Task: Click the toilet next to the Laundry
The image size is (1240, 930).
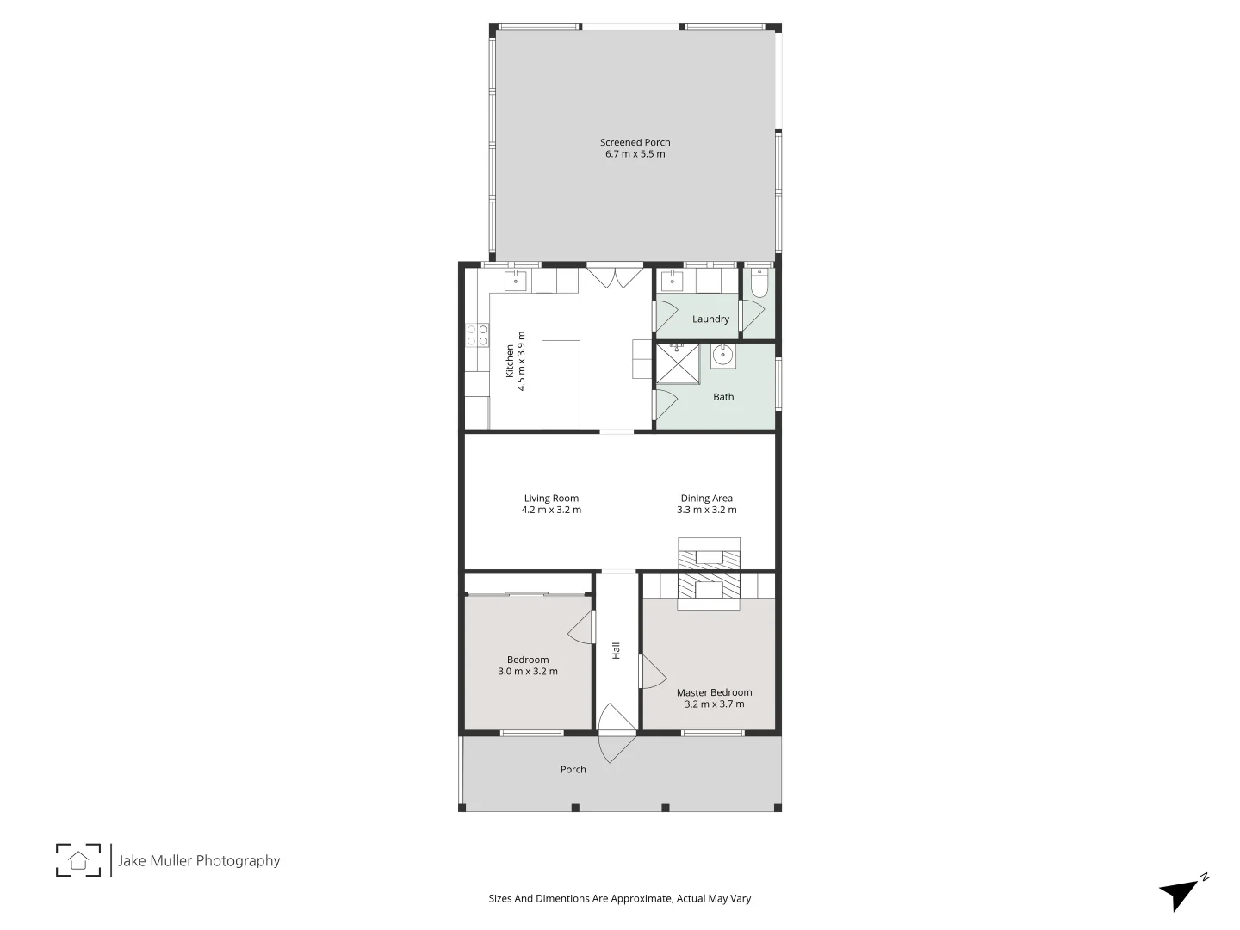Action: click(x=759, y=284)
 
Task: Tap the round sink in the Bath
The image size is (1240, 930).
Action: click(x=723, y=355)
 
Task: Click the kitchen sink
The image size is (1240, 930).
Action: click(x=516, y=281)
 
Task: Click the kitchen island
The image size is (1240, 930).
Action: click(x=561, y=384)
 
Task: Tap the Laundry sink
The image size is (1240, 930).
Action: click(x=672, y=281)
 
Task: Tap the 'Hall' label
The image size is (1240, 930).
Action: click(x=617, y=651)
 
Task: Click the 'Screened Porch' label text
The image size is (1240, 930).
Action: click(x=635, y=142)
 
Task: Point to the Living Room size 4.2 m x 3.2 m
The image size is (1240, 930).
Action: click(x=551, y=510)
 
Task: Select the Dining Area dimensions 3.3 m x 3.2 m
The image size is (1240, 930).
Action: click(x=706, y=510)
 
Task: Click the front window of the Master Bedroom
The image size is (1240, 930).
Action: click(x=713, y=733)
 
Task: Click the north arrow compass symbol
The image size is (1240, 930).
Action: click(x=1182, y=893)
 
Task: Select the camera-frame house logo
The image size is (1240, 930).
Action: click(x=78, y=859)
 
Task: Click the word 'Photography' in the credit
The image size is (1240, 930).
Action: click(x=238, y=860)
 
